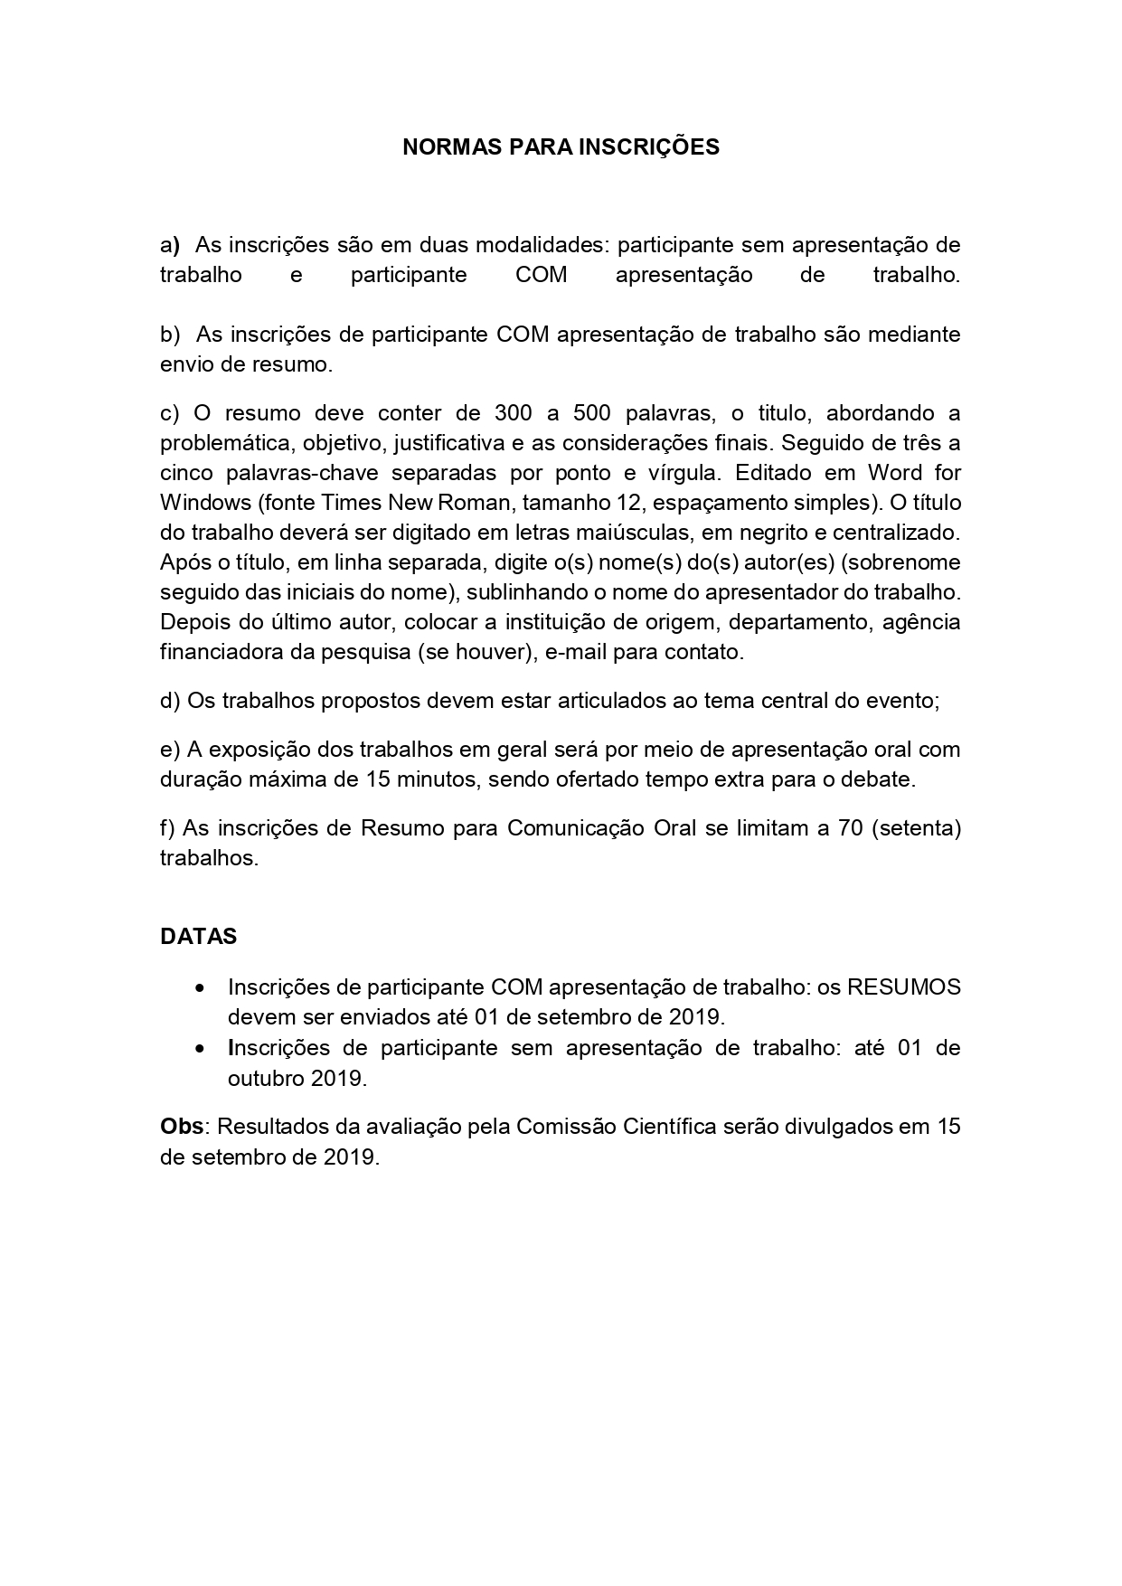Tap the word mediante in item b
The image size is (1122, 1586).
click(x=914, y=335)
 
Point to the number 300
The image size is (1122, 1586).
click(x=514, y=413)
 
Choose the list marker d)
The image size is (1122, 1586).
click(x=170, y=701)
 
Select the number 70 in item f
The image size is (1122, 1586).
click(x=850, y=828)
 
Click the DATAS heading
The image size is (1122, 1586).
click(x=198, y=937)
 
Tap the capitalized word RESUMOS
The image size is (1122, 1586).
click(x=903, y=987)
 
